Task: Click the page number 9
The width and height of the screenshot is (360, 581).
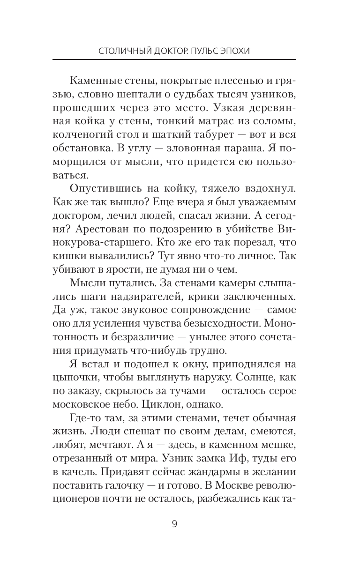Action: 174,524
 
